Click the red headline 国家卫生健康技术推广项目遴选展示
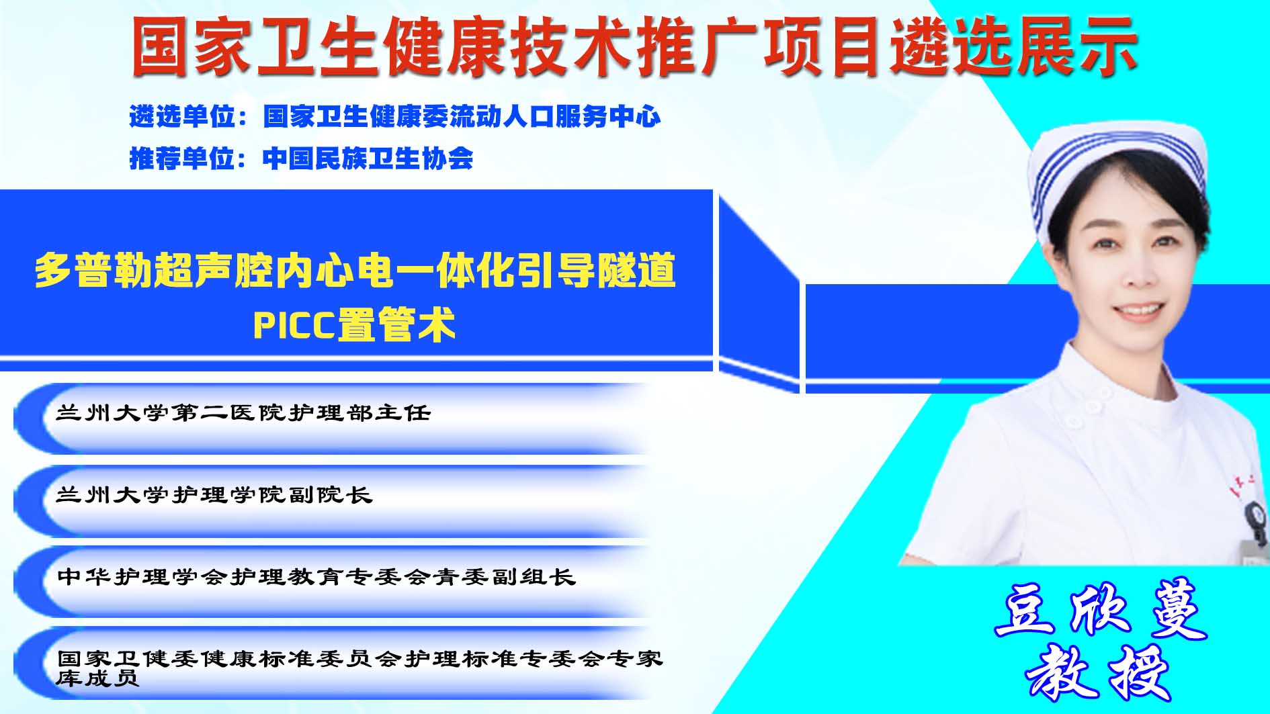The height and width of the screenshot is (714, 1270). pos(634,46)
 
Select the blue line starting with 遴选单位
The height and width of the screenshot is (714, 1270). pos(395,117)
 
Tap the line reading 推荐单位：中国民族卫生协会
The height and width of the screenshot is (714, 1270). pos(301,159)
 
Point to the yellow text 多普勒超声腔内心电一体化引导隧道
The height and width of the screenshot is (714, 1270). pos(355,270)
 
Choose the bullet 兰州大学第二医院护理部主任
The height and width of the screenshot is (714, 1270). pos(243,412)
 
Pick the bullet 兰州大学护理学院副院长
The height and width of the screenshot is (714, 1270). pos(214,495)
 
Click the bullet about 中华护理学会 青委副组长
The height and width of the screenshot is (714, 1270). pos(316,577)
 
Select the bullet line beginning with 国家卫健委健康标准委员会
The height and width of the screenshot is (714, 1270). pos(360,658)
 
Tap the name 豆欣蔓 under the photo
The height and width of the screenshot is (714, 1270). pos(1101,608)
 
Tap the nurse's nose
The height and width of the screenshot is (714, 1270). pos(1136,275)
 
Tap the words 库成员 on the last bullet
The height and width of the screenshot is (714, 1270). pos(97,678)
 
